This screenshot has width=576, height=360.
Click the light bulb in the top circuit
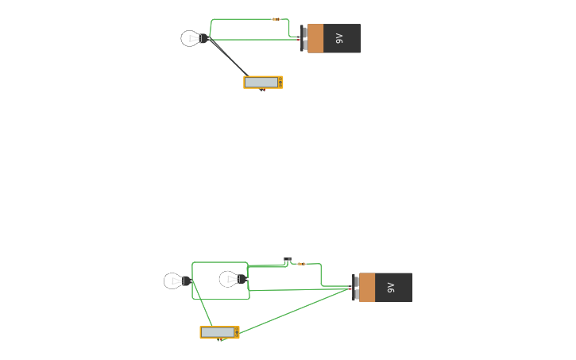click(x=191, y=38)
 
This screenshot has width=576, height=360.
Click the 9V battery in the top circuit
click(x=333, y=38)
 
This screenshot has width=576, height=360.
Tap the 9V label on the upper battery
click(x=339, y=38)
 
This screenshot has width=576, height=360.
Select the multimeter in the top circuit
click(x=263, y=82)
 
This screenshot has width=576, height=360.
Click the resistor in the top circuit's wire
click(x=276, y=19)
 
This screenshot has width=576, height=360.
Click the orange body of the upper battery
click(x=315, y=38)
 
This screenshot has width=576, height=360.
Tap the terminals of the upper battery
click(x=304, y=38)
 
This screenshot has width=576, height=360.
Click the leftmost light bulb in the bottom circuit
click(x=174, y=281)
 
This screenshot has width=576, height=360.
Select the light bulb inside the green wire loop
click(x=230, y=279)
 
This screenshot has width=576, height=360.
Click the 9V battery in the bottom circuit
click(x=385, y=287)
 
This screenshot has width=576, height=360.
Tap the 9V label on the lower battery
click(x=391, y=287)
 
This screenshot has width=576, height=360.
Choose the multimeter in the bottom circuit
click(x=219, y=332)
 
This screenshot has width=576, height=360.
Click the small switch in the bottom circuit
click(x=288, y=260)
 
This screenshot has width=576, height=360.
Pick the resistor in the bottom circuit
click(x=301, y=264)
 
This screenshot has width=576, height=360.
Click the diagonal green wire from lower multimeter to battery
click(x=294, y=311)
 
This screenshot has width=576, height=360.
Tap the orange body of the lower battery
click(x=367, y=287)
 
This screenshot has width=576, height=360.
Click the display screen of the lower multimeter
click(x=217, y=332)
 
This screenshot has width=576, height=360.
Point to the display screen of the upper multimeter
click(x=261, y=82)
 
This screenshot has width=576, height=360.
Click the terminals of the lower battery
click(x=356, y=287)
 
